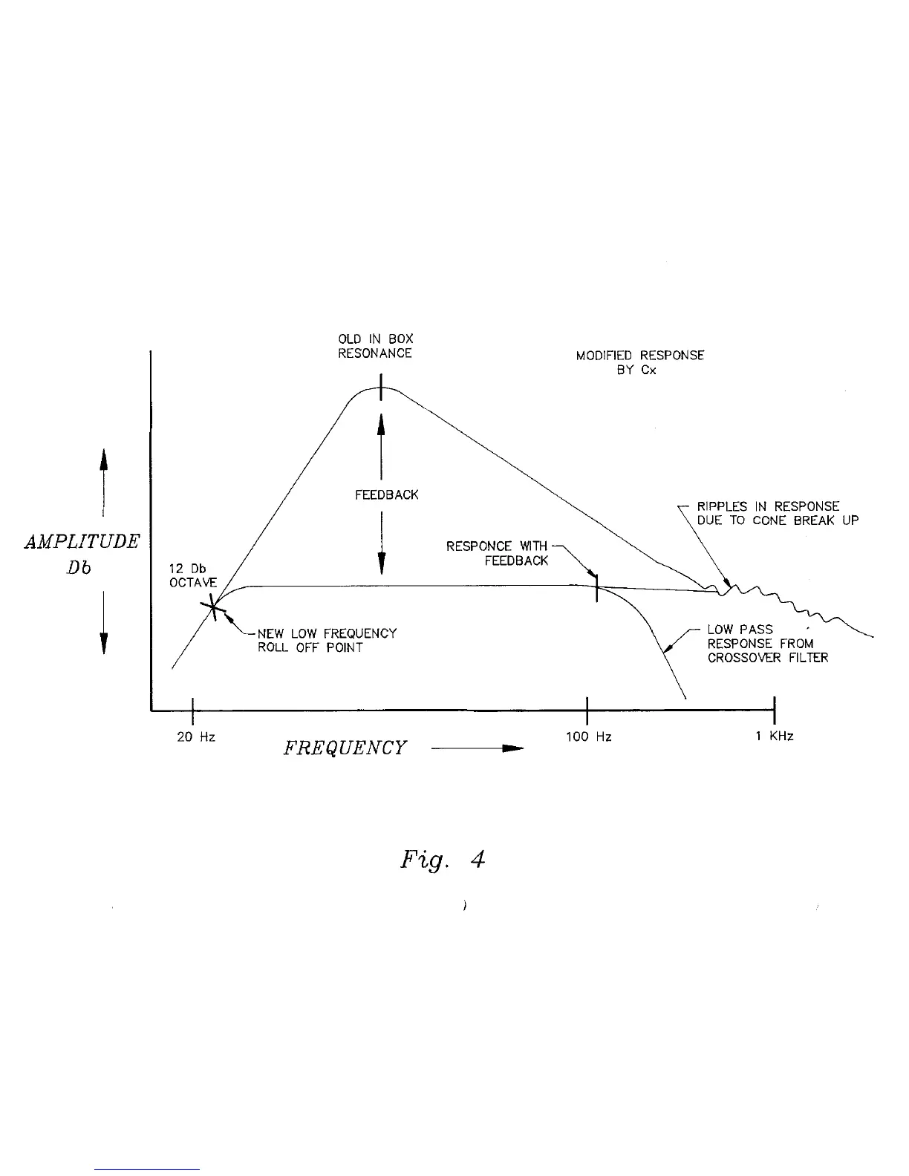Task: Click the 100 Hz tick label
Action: (x=588, y=736)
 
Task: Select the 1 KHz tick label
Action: (x=775, y=736)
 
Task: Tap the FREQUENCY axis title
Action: (x=345, y=748)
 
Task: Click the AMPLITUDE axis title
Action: (x=82, y=541)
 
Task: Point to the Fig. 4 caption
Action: (x=443, y=860)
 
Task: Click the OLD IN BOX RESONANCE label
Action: (x=375, y=347)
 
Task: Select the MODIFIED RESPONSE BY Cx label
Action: (x=640, y=362)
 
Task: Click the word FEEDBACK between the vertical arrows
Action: (x=386, y=494)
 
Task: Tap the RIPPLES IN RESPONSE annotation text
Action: (x=777, y=514)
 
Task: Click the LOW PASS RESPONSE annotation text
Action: (x=767, y=644)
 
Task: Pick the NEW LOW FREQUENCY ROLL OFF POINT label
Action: (x=327, y=640)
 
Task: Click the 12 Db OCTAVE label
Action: (x=193, y=575)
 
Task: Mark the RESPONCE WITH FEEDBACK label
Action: (x=498, y=553)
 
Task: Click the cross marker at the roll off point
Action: (x=214, y=607)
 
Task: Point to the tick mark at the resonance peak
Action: (x=381, y=388)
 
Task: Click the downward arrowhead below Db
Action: (x=104, y=641)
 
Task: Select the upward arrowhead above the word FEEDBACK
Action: (x=381, y=423)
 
